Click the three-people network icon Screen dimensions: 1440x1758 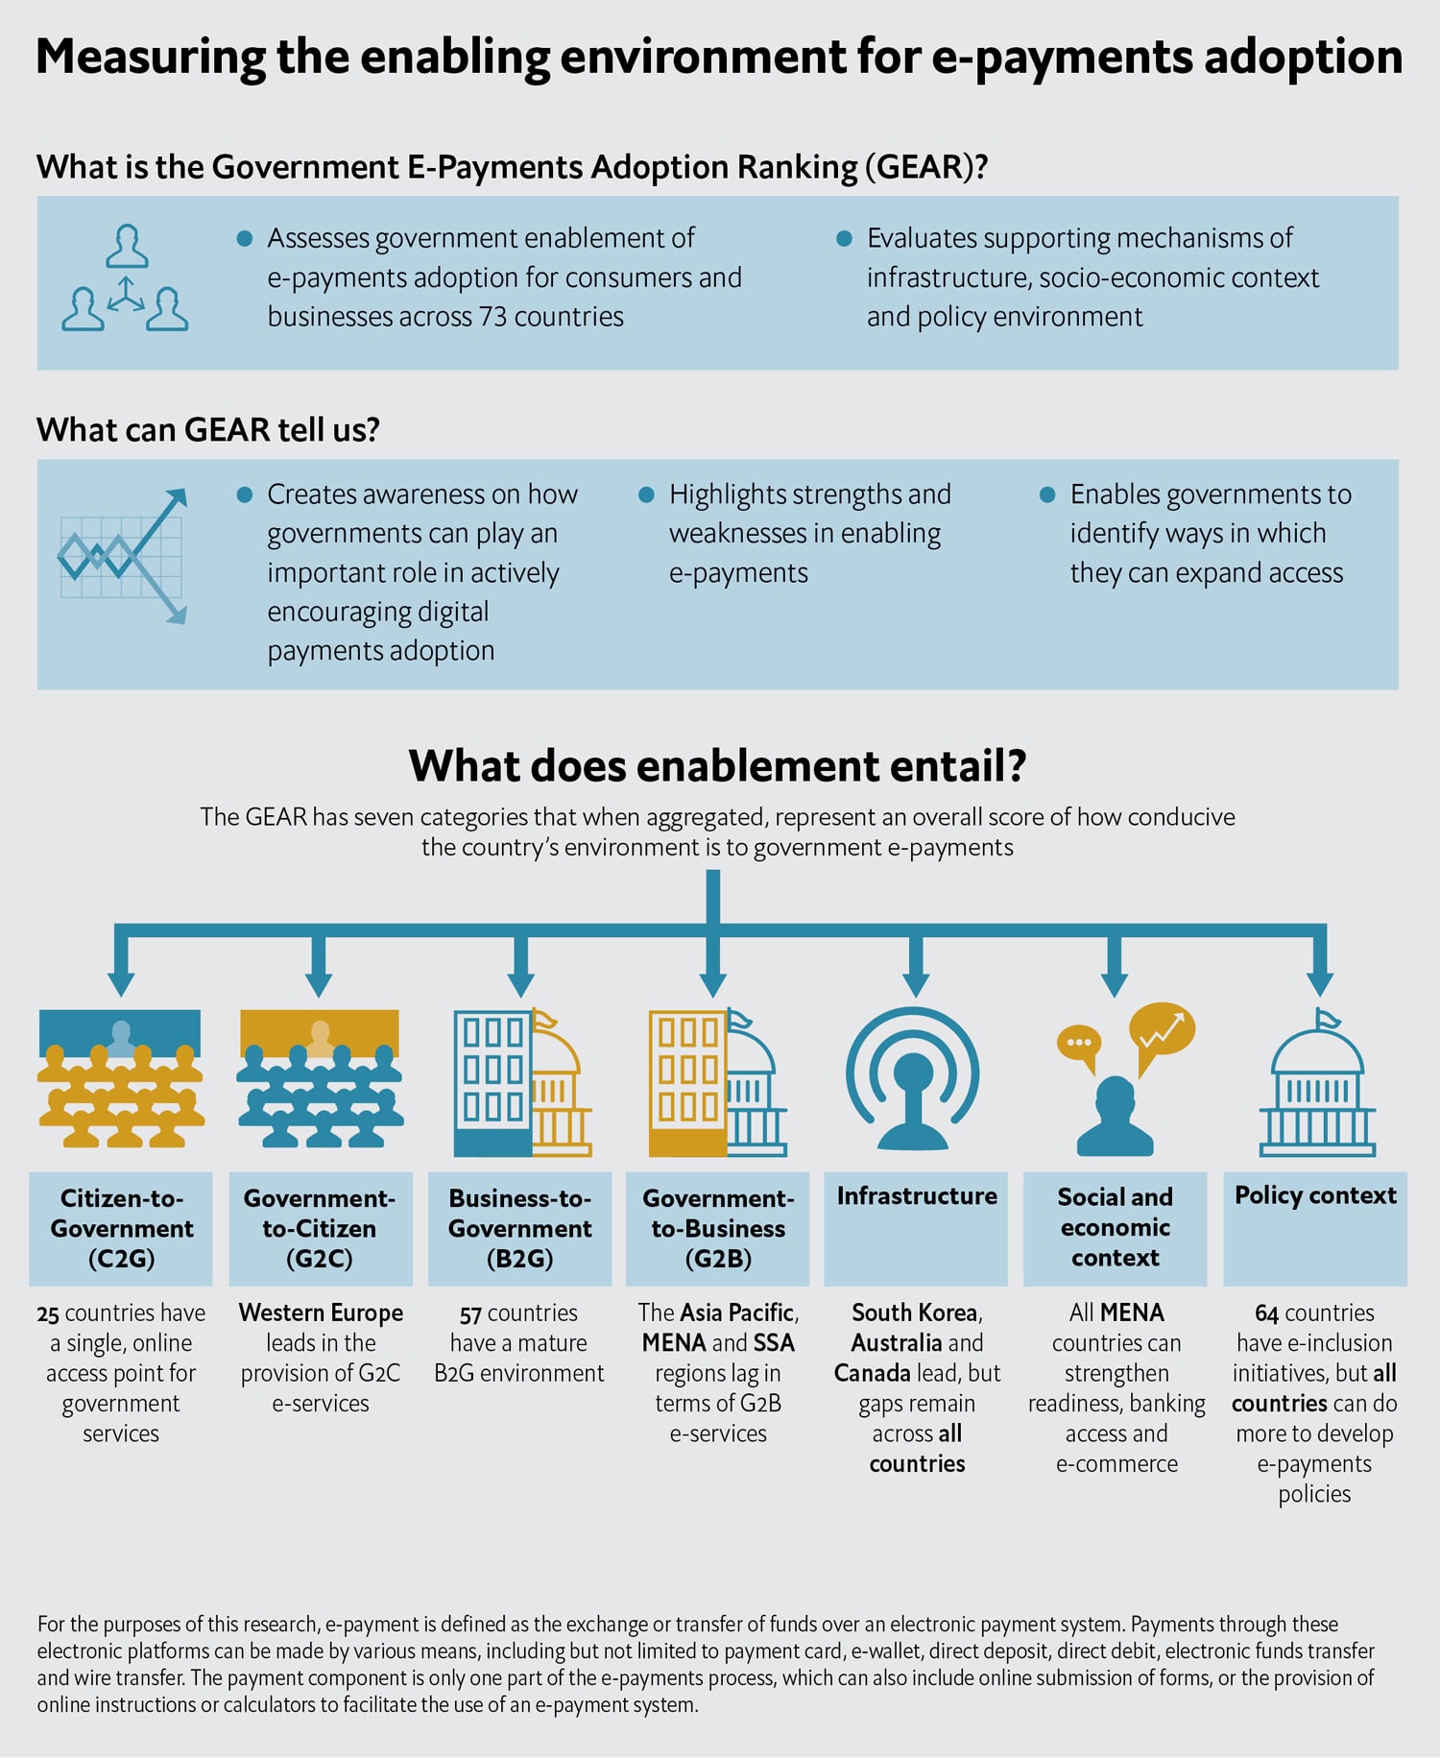tap(125, 278)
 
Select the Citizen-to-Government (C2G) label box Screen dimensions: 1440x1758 tap(121, 1228)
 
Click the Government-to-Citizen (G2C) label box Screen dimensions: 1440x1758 tap(321, 1228)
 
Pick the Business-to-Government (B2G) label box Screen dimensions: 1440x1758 tap(520, 1228)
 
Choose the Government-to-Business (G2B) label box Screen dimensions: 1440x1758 tap(718, 1228)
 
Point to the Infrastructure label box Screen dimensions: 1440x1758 tap(917, 1228)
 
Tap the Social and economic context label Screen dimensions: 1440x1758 tap(1116, 1227)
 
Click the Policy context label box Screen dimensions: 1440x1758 tap(1315, 1228)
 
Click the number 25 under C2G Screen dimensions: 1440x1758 tap(48, 1313)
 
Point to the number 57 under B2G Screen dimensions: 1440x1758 tap(470, 1313)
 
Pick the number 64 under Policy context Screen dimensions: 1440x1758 tap(1266, 1313)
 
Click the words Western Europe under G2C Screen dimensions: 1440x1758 tap(321, 1313)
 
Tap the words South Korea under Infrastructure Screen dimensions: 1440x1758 tap(915, 1313)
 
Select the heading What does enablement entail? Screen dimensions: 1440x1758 tap(718, 766)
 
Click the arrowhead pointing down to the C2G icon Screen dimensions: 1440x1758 tap(121, 983)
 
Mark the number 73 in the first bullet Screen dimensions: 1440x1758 tap(492, 317)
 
